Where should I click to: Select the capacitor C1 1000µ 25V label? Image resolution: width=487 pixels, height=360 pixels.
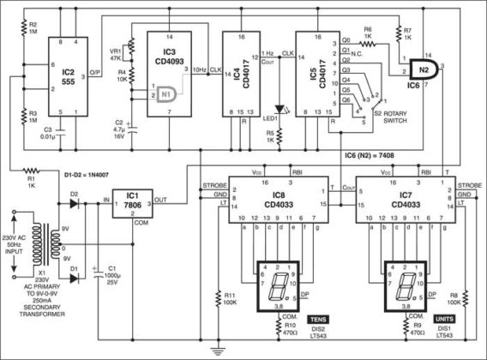click(112, 275)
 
